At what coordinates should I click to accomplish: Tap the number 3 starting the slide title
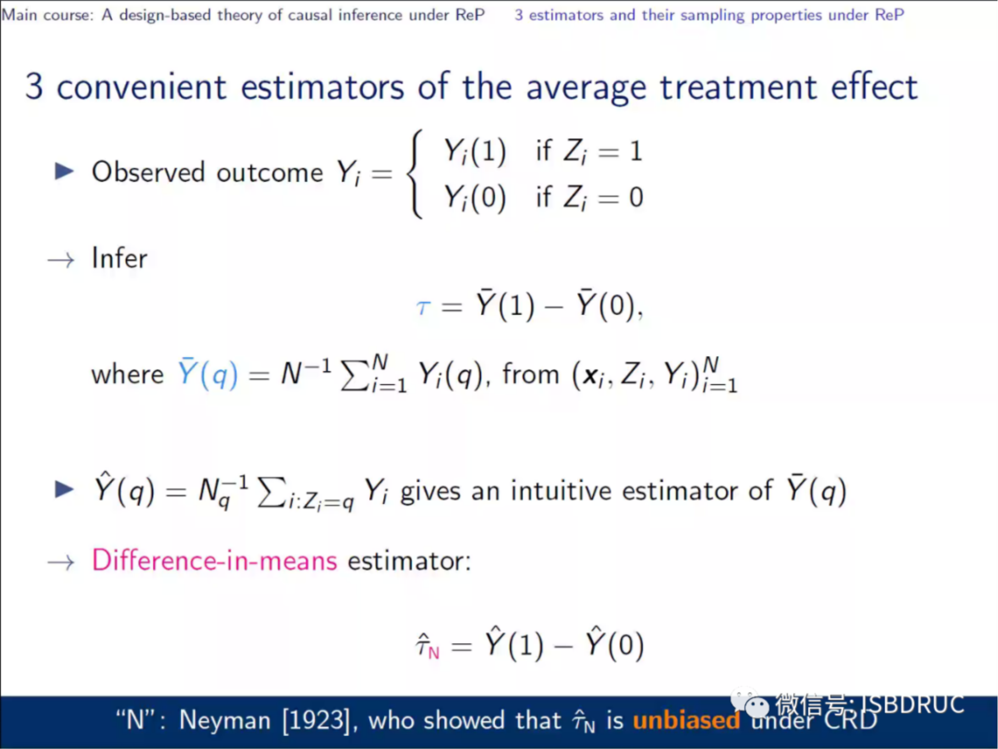click(x=34, y=87)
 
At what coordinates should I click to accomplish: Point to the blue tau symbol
click(x=423, y=307)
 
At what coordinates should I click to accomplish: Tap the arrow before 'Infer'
click(x=61, y=260)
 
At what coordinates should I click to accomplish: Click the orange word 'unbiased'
click(x=686, y=720)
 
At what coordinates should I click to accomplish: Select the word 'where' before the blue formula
click(x=128, y=374)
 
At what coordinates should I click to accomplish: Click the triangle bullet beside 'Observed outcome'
click(x=64, y=171)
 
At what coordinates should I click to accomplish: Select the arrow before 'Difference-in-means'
click(x=61, y=562)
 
